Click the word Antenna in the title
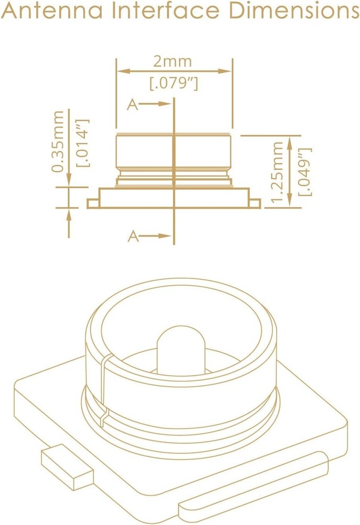click(x=50, y=12)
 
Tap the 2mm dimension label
click(x=173, y=61)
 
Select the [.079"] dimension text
click(x=174, y=83)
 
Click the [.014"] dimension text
click(x=83, y=142)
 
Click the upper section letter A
click(x=133, y=105)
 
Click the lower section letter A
click(x=133, y=237)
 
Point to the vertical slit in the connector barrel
click(x=104, y=388)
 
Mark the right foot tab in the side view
click(x=255, y=203)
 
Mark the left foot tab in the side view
click(x=92, y=203)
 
